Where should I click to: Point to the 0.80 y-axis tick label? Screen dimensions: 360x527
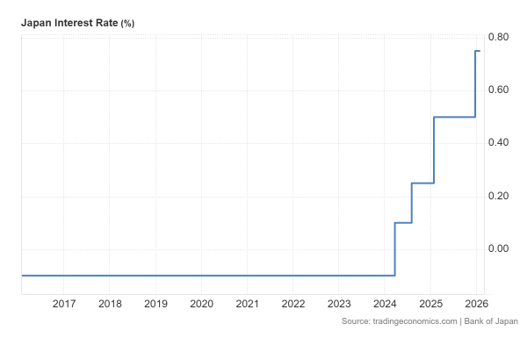(498, 38)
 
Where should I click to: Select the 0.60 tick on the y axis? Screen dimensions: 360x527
(498, 90)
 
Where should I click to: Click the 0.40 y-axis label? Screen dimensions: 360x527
(498, 143)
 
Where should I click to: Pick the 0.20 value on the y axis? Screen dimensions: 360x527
(498, 196)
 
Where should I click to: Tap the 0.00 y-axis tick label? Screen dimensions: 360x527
(498, 248)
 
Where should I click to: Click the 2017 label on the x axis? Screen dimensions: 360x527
(64, 304)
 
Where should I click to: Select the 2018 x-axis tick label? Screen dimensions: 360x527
(110, 304)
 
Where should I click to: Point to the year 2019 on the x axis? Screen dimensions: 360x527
(155, 304)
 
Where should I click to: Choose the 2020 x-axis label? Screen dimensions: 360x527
(201, 304)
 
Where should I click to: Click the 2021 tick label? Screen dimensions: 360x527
(247, 304)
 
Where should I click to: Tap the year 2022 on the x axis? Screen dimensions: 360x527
(292, 304)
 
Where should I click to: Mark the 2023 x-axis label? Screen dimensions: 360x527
(338, 304)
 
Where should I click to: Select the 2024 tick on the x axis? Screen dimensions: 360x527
(385, 304)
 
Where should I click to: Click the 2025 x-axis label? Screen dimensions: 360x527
(430, 304)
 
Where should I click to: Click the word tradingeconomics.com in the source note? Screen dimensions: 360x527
(412, 322)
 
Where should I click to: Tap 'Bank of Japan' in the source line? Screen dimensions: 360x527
(491, 322)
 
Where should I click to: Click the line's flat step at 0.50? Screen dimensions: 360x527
(454, 117)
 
